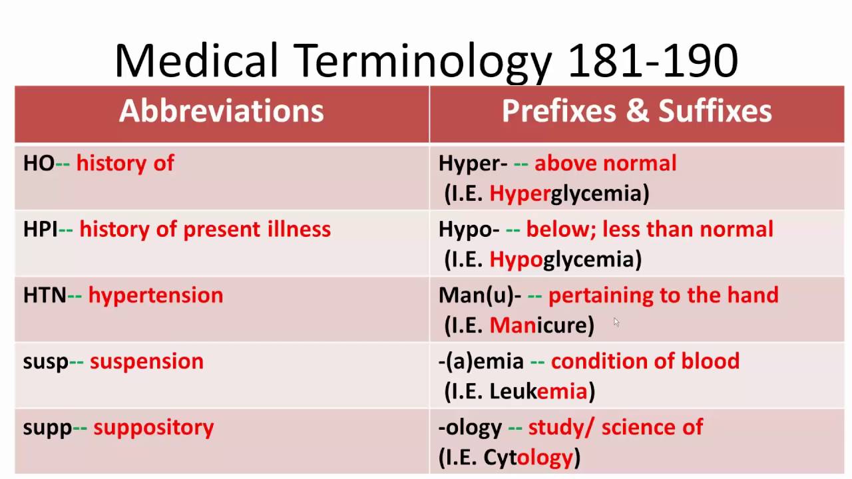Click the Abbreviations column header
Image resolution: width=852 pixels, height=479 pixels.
pyautogui.click(x=221, y=112)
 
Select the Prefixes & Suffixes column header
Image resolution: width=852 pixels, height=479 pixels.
pyautogui.click(x=636, y=112)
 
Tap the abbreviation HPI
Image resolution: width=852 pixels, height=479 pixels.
pyautogui.click(x=41, y=230)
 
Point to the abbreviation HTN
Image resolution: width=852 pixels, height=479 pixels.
pyautogui.click(x=44, y=295)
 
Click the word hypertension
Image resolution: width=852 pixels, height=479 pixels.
pyautogui.click(x=156, y=295)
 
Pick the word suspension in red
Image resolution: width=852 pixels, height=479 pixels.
pyautogui.click(x=146, y=361)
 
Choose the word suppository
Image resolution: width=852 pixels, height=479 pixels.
pyautogui.click(x=154, y=427)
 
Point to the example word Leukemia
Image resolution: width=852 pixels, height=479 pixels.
pyautogui.click(x=538, y=391)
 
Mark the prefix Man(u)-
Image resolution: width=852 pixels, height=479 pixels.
pyautogui.click(x=479, y=295)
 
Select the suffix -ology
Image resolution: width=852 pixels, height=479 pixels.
pyautogui.click(x=470, y=427)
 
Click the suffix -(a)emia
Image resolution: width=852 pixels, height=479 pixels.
pyautogui.click(x=481, y=361)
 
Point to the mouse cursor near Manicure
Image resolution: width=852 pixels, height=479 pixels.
pyautogui.click(x=616, y=322)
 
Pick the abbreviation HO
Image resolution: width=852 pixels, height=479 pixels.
pyautogui.click(x=38, y=164)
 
